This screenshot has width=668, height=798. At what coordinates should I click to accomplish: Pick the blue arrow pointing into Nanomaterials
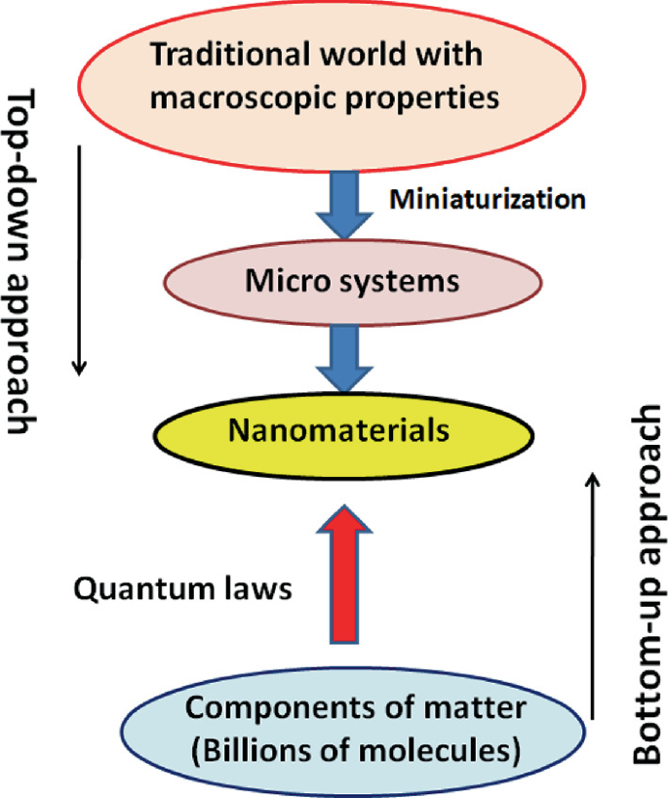coord(347,356)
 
